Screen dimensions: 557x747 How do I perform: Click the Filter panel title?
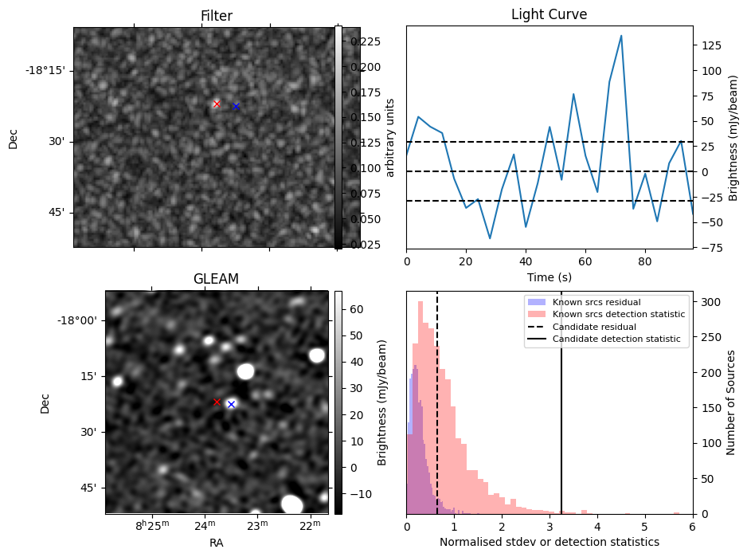[217, 16]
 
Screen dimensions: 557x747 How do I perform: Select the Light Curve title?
[549, 15]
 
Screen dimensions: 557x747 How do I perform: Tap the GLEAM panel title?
[216, 279]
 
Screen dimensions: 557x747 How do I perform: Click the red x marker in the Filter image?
[217, 104]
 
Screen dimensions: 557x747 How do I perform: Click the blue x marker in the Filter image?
[236, 106]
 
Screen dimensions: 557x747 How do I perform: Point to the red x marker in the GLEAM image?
[217, 402]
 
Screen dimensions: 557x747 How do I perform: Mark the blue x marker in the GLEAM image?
[231, 404]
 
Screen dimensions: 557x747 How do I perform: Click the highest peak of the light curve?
[621, 36]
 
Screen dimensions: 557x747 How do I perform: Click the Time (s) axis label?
[549, 277]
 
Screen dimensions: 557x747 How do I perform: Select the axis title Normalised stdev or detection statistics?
[549, 542]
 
